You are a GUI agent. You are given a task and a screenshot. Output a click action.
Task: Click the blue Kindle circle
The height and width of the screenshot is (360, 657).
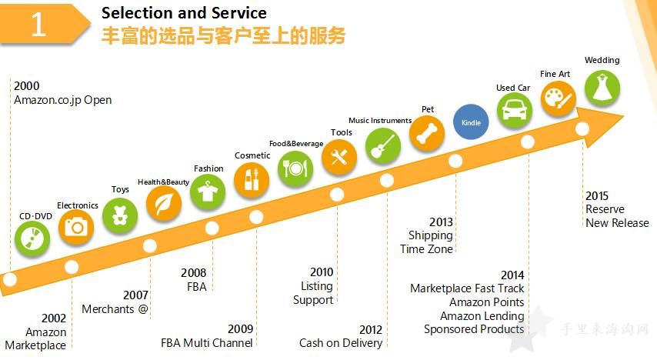tap(471, 122)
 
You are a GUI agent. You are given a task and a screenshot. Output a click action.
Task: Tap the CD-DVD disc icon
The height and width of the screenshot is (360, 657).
tap(32, 239)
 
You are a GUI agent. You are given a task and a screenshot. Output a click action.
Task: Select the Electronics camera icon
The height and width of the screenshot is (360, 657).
tap(76, 227)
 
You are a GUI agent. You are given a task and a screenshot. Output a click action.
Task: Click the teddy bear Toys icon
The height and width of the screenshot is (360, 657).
tap(120, 215)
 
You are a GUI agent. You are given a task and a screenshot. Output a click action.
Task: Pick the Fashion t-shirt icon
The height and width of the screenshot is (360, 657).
tap(208, 192)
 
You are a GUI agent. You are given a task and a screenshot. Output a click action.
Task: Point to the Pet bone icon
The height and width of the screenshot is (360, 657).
tap(426, 134)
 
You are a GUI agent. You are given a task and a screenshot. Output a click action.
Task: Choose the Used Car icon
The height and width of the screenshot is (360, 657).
tap(515, 110)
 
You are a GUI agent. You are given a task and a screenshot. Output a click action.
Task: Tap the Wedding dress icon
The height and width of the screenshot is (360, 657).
tap(602, 88)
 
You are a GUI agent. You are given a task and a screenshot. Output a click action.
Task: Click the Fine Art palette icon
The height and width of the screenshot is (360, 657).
tap(558, 99)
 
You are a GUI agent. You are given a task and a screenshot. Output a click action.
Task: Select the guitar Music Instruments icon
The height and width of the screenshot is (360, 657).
tap(383, 145)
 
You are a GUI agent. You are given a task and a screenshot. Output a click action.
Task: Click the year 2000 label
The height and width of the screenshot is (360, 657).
tap(26, 86)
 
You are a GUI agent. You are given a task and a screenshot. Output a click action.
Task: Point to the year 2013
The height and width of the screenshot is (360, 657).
tap(441, 222)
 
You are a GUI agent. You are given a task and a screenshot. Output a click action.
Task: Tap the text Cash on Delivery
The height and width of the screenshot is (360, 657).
tap(341, 343)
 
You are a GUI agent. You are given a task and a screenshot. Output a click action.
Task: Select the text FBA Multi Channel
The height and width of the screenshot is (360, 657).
tap(207, 343)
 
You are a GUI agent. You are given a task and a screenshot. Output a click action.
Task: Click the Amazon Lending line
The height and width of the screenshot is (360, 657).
tap(482, 316)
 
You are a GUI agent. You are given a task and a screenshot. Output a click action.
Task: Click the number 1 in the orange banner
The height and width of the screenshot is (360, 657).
tap(38, 24)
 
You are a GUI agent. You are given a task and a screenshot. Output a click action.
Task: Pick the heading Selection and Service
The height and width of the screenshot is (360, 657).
tap(184, 13)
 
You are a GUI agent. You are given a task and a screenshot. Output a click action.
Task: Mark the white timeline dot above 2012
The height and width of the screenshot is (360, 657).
tap(387, 180)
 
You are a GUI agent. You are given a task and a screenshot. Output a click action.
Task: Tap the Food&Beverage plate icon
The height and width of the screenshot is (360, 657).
tap(295, 168)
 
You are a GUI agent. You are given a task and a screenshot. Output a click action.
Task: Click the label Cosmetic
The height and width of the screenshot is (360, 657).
tap(252, 155)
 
